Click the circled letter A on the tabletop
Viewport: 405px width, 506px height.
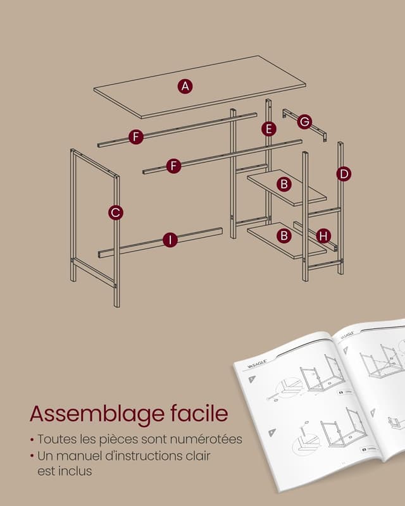pos(184,86)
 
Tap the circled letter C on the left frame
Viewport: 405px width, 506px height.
pos(115,213)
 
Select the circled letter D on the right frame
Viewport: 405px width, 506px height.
pos(344,173)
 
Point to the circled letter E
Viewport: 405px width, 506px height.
pos(270,129)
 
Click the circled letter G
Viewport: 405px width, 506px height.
pos(305,121)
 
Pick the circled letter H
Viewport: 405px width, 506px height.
pos(323,236)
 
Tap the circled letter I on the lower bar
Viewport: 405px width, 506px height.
pos(170,239)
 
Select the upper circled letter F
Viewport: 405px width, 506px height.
pos(135,136)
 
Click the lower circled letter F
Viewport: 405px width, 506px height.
pos(174,166)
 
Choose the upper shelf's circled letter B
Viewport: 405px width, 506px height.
pos(284,184)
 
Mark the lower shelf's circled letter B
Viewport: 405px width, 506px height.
pos(284,235)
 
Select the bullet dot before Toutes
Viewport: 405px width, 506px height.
pos(32,440)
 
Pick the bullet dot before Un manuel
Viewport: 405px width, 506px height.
pos(32,456)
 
